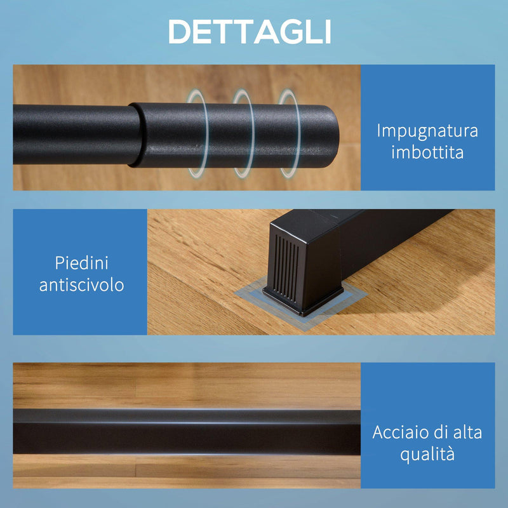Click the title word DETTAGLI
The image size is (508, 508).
click(x=250, y=31)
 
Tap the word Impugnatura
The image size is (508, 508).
click(x=427, y=131)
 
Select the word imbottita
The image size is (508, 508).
click(x=427, y=153)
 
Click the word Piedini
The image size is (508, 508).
click(x=81, y=262)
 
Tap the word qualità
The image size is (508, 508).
click(x=427, y=455)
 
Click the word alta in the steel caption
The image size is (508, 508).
click(x=465, y=433)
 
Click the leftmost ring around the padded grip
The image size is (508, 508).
click(x=196, y=133)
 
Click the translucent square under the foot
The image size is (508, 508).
click(x=248, y=298)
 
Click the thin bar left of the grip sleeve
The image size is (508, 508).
click(x=70, y=134)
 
